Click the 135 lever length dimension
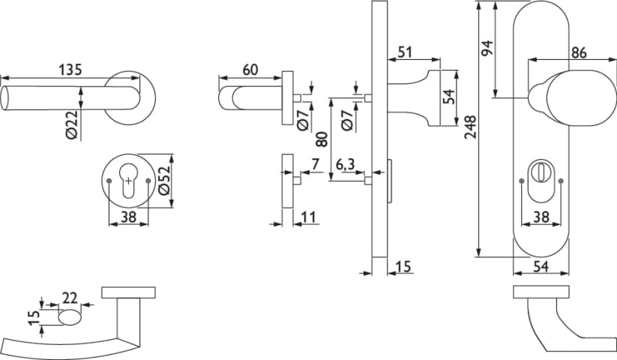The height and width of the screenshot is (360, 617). (x=69, y=70)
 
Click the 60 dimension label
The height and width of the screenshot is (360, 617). (x=250, y=70)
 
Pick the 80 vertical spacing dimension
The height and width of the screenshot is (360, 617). (x=321, y=139)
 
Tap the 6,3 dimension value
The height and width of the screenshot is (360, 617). (x=346, y=163)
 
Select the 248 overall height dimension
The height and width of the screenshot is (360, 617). (x=469, y=131)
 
